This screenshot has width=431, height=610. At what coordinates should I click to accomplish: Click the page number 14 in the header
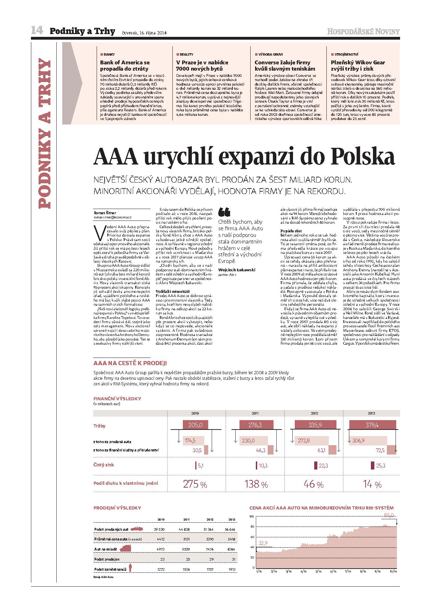[37, 31]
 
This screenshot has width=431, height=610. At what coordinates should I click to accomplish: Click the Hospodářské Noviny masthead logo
[363, 32]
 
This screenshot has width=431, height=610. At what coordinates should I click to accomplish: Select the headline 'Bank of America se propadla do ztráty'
[125, 65]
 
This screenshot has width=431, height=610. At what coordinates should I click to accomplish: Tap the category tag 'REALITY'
[186, 55]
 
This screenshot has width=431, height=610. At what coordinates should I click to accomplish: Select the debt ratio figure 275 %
[195, 484]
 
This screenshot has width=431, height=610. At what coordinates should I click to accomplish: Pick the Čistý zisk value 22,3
[323, 465]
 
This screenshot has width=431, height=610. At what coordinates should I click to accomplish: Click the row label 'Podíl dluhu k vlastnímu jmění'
[125, 483]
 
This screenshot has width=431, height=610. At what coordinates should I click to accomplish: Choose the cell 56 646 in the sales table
[230, 529]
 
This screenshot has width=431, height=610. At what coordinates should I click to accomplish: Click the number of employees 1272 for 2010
[161, 569]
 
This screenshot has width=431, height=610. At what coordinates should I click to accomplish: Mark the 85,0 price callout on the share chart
[388, 515]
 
